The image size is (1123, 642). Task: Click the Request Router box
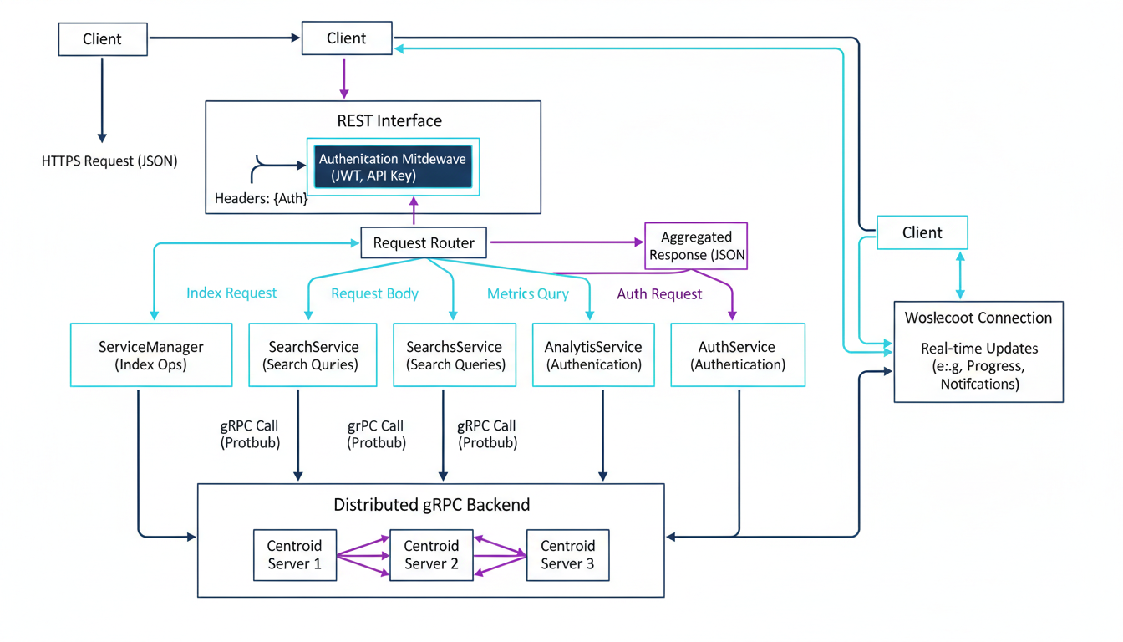tap(424, 242)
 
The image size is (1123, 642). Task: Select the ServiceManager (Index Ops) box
tap(151, 355)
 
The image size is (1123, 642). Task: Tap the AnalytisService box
tap(593, 355)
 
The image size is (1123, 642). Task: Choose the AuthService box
tap(738, 355)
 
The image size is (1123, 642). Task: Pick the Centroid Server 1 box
tap(295, 554)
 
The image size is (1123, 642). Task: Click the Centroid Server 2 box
tap(431, 554)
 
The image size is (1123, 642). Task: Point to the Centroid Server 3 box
tap(567, 554)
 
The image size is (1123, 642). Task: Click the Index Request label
tap(231, 293)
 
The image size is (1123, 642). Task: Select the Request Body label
tap(374, 293)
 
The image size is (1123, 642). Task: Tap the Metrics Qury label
tap(528, 293)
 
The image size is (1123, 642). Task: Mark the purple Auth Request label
tap(659, 293)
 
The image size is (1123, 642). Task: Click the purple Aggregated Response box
tap(696, 246)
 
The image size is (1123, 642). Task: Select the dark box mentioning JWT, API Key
tap(393, 166)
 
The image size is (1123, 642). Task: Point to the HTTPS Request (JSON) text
tap(109, 160)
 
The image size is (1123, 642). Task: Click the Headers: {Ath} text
tap(261, 198)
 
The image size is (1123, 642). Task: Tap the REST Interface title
tap(389, 120)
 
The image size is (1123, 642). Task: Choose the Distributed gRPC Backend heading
tap(431, 504)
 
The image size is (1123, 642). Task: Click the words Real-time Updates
tap(978, 348)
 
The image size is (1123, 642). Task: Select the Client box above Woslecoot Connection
tap(922, 232)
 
